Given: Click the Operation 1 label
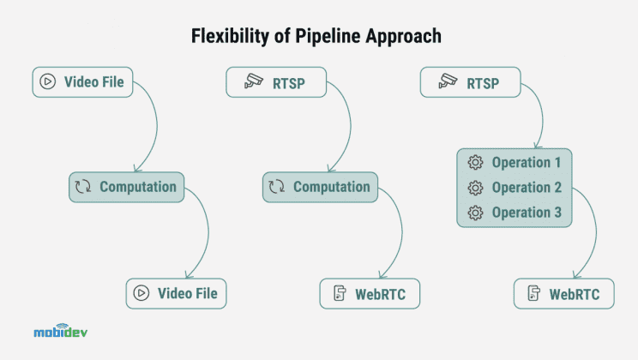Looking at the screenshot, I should [527, 163].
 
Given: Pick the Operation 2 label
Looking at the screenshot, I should [527, 188].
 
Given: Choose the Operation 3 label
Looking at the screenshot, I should [527, 213].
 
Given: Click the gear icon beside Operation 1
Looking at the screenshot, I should [474, 163].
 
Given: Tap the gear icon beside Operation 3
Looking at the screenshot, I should [474, 213].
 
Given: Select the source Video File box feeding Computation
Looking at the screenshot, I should [83, 83].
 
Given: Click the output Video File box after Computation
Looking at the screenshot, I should [176, 294].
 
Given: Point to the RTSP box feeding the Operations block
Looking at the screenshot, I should [471, 83].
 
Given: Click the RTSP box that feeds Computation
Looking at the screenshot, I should [276, 83].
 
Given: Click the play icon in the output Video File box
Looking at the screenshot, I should [141, 294].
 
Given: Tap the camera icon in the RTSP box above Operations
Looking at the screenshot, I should [444, 83].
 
